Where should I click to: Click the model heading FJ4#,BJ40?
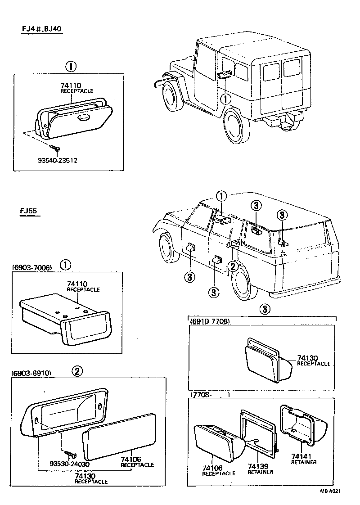coord(42,29)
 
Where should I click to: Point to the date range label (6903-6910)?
coord(31,373)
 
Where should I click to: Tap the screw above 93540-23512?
coord(55,147)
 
